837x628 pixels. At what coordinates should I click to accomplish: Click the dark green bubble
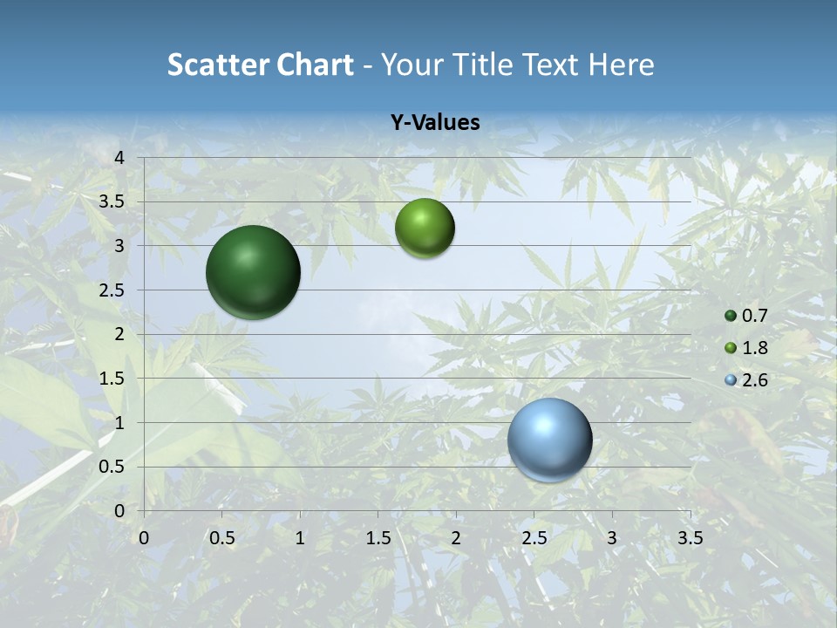coord(253,272)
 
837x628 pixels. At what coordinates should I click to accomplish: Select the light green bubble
coord(425,229)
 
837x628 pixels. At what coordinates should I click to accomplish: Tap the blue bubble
coord(549,440)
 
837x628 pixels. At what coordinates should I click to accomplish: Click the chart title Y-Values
coord(435,123)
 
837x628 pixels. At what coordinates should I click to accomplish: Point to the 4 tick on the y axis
coord(119,158)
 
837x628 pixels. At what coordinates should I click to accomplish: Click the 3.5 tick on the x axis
coord(690,538)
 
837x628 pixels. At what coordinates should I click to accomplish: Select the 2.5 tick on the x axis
coord(534,538)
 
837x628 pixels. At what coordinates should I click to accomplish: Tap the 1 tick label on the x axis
coord(300,538)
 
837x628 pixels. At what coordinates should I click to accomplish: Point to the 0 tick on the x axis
coord(144,538)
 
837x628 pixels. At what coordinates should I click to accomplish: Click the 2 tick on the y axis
coord(119,334)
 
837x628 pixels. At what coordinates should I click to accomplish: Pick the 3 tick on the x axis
coord(612,538)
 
